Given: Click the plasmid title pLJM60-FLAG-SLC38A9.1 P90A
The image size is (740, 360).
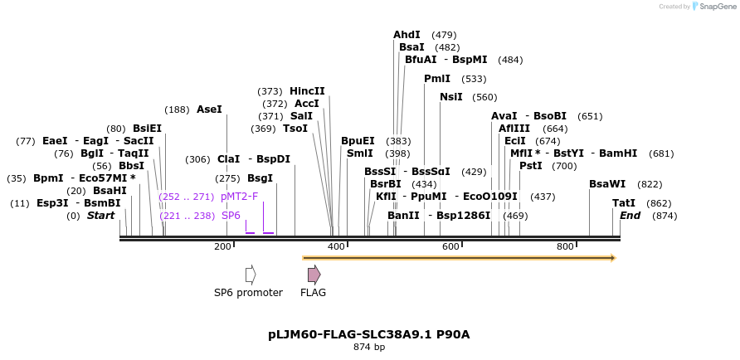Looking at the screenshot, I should point(368,334).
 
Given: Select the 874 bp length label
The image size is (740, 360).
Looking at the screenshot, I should point(369,348).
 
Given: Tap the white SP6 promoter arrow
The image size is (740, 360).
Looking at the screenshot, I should point(250,275).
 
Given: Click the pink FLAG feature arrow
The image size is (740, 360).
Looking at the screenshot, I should point(314,275).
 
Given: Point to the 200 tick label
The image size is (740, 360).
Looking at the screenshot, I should point(222,246).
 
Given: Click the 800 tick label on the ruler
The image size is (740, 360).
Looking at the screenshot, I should point(565,246).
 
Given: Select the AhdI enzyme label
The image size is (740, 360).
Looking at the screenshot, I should point(407,35).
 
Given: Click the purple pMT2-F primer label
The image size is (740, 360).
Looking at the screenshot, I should point(239,197).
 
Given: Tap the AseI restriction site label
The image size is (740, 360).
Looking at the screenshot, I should point(209,109).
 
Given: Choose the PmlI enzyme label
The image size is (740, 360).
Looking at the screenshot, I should point(436,79).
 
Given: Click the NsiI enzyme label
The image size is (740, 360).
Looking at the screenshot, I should point(450,97).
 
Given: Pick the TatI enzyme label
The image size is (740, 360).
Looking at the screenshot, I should point(624,203).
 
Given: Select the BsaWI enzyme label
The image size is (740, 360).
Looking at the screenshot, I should point(607,184).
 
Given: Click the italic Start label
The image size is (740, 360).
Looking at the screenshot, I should point(100,216).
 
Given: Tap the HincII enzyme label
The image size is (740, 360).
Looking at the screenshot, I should point(307,91).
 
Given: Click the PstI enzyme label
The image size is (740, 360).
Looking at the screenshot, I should point(530,166).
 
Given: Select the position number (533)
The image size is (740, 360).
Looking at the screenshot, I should point(474,79).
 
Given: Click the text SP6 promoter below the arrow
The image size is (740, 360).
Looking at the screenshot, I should point(248,293).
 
